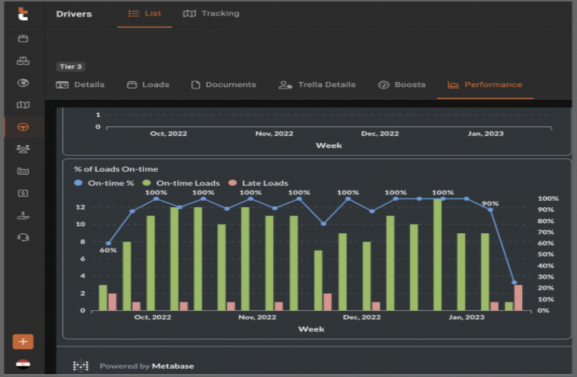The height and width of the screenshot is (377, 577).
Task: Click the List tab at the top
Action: click(x=145, y=14)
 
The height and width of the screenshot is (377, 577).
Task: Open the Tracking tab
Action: click(x=211, y=14)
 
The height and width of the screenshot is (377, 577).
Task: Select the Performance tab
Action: click(x=485, y=85)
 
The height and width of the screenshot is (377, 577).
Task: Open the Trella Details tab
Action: click(x=317, y=85)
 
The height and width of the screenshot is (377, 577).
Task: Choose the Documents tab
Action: click(x=224, y=85)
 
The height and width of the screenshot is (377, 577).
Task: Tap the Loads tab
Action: click(x=148, y=85)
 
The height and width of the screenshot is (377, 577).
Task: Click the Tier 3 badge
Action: click(x=71, y=66)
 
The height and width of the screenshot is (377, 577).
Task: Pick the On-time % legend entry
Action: click(x=105, y=183)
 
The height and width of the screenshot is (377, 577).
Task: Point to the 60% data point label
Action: click(x=108, y=250)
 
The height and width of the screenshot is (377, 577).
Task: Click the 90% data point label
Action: click(x=490, y=203)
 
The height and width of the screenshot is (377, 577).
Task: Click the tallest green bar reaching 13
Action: click(x=438, y=255)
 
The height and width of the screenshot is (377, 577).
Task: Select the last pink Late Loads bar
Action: click(x=518, y=298)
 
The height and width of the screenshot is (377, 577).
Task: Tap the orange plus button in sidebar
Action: click(x=23, y=341)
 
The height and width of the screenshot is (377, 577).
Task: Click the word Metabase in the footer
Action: click(x=172, y=366)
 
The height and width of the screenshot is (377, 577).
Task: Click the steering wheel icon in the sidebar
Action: click(x=23, y=127)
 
